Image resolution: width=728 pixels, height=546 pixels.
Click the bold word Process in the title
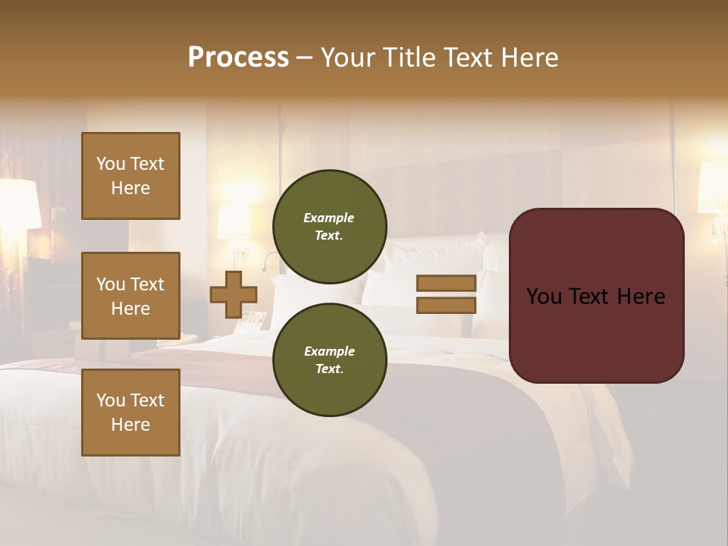point(238,58)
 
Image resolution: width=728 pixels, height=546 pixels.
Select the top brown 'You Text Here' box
point(130,176)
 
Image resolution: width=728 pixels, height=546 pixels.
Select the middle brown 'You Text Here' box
point(130,296)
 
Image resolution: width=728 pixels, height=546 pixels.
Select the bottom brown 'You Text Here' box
point(130,413)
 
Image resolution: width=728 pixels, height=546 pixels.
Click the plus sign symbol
point(233,294)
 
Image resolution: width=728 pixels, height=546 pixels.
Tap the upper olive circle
point(329,227)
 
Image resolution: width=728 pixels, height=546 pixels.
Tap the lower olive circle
point(329,360)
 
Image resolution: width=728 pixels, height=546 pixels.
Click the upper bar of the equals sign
point(446,283)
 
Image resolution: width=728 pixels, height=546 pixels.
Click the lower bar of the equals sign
point(446,305)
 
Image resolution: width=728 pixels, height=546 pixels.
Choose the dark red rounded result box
point(596,296)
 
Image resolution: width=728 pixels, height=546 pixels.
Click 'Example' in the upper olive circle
point(329,218)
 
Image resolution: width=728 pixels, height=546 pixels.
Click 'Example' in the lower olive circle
point(329,351)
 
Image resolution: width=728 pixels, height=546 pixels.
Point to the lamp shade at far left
point(19,203)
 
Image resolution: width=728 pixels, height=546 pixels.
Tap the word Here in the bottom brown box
point(130,425)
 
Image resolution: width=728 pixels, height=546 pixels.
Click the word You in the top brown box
point(111,164)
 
